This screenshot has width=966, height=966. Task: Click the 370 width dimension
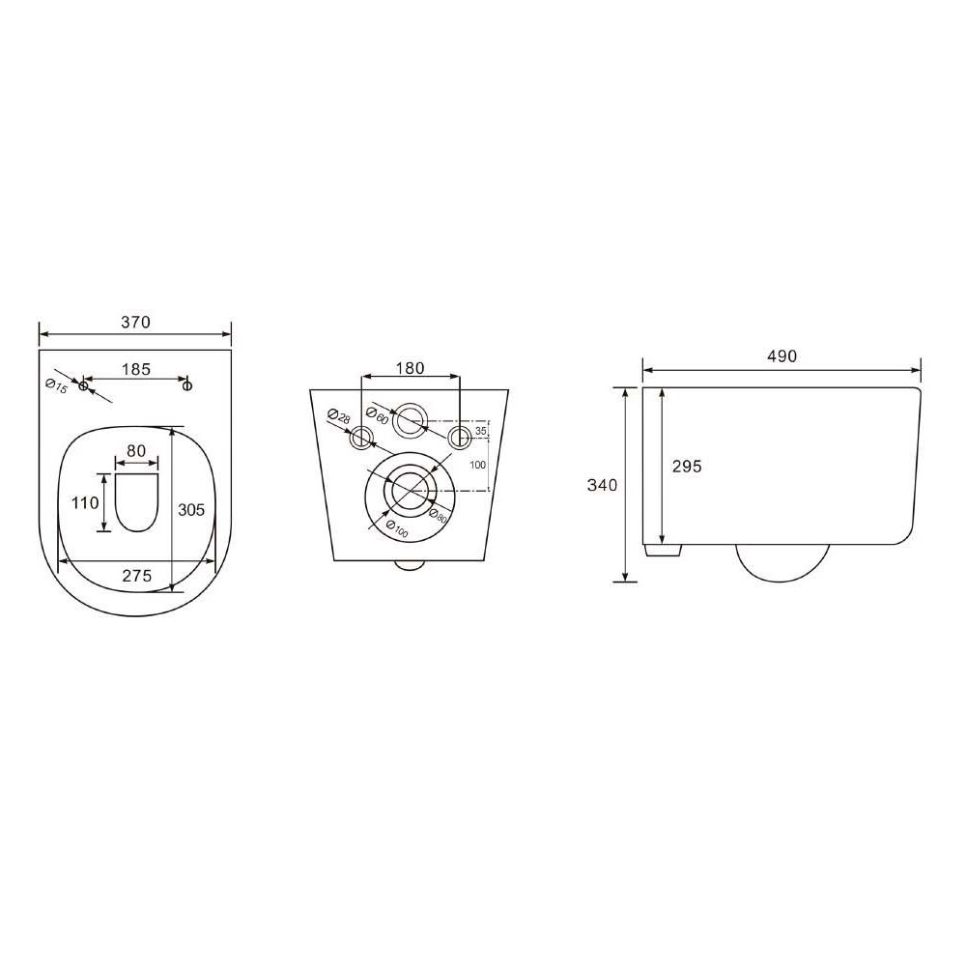[x=135, y=323]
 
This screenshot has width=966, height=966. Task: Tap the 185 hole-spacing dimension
[x=135, y=369]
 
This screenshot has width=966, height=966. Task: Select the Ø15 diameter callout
[x=56, y=386]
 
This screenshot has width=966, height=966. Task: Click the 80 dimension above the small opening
[x=136, y=450]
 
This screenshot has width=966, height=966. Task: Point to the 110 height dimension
[x=85, y=502]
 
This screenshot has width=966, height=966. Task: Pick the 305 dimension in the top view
[x=191, y=509]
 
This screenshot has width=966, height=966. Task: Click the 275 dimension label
[x=136, y=576]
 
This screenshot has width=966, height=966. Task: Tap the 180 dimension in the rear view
[x=410, y=368]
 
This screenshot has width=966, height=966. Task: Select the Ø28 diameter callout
[x=339, y=415]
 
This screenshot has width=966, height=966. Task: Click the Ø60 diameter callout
[x=377, y=415]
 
